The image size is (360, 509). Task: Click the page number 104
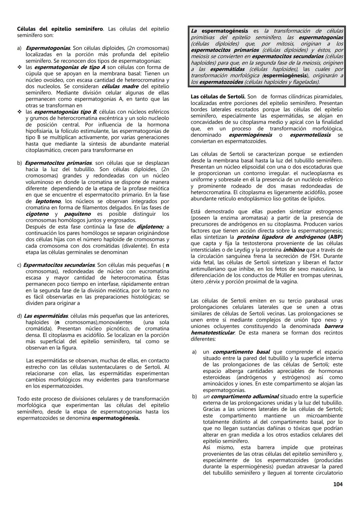(x=338, y=484)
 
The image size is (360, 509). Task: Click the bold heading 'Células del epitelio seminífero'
(x=60, y=29)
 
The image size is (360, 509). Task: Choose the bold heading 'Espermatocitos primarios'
(x=58, y=163)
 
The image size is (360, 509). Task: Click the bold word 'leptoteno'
(x=48, y=201)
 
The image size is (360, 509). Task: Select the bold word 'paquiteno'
(x=77, y=214)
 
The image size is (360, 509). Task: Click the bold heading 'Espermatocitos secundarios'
(x=59, y=265)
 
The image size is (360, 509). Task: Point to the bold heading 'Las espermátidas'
(x=46, y=316)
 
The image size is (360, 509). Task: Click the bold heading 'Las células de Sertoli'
(x=218, y=97)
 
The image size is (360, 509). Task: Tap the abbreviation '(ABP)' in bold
(x=335, y=237)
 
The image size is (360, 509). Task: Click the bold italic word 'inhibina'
(x=294, y=250)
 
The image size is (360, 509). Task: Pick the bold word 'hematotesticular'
(x=212, y=333)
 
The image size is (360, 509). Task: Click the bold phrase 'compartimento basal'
(x=241, y=352)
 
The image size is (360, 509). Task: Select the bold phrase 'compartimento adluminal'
(x=245, y=397)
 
